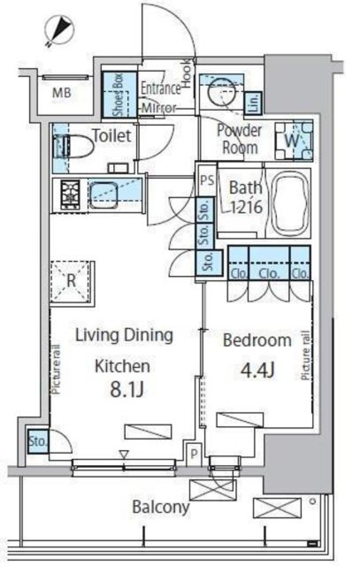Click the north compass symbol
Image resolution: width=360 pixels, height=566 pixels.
pyautogui.click(x=60, y=31)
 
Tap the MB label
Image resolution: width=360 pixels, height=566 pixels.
pyautogui.click(x=61, y=93)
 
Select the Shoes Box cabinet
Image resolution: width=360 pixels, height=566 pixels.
pyautogui.click(x=119, y=94)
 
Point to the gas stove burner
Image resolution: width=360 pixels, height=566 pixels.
pyautogui.click(x=70, y=195)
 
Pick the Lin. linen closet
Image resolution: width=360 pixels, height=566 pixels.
pyautogui.click(x=253, y=103)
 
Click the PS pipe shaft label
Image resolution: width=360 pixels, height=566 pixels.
pyautogui.click(x=207, y=180)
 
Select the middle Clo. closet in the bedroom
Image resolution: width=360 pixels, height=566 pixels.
pyautogui.click(x=269, y=263)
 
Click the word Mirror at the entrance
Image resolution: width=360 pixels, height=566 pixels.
pyautogui.click(x=159, y=108)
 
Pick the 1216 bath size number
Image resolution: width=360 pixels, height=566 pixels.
pyautogui.click(x=247, y=208)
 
